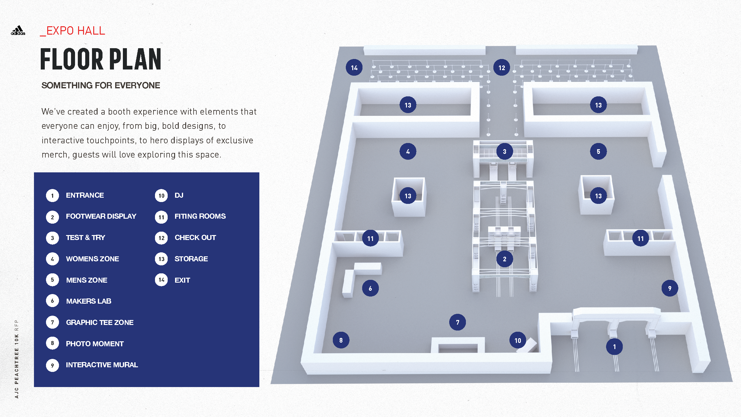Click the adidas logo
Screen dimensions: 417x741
tap(18, 31)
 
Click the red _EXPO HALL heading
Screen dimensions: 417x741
tap(73, 31)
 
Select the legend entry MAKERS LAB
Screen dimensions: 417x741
tap(89, 301)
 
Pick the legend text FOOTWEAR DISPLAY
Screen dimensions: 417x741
tap(101, 216)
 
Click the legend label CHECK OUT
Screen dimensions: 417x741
tap(195, 238)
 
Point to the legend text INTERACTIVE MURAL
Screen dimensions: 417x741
tap(102, 365)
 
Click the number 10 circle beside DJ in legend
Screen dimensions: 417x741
tap(161, 196)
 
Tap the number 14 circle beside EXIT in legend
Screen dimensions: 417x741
tap(161, 280)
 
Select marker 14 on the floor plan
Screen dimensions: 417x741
tap(354, 68)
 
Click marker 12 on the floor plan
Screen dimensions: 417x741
tap(502, 68)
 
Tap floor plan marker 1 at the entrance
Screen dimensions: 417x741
tap(614, 347)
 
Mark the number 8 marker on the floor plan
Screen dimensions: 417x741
tap(341, 340)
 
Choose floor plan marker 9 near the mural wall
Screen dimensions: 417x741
tap(670, 288)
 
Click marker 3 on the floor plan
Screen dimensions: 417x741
tap(504, 152)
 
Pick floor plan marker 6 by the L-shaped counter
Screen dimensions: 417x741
tap(370, 289)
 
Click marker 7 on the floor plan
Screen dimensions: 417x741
tap(458, 322)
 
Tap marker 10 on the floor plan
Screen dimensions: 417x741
tap(518, 340)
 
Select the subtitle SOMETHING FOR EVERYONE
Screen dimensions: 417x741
tap(101, 86)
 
